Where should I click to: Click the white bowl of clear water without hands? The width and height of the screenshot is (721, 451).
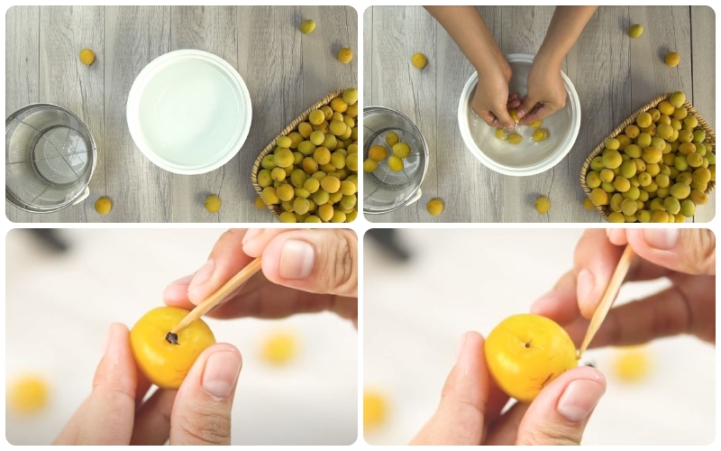point(188,111)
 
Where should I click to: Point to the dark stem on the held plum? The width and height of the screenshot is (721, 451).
point(171,338)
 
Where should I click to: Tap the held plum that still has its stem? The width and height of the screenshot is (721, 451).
point(171,347)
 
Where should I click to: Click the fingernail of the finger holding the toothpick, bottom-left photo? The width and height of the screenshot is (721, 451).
point(296,258)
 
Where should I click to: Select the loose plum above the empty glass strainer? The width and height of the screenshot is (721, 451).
point(87,57)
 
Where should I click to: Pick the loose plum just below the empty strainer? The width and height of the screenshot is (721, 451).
point(104,206)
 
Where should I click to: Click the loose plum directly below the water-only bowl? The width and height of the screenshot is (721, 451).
point(212,204)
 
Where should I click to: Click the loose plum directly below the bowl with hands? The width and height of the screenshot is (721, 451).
point(542,205)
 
